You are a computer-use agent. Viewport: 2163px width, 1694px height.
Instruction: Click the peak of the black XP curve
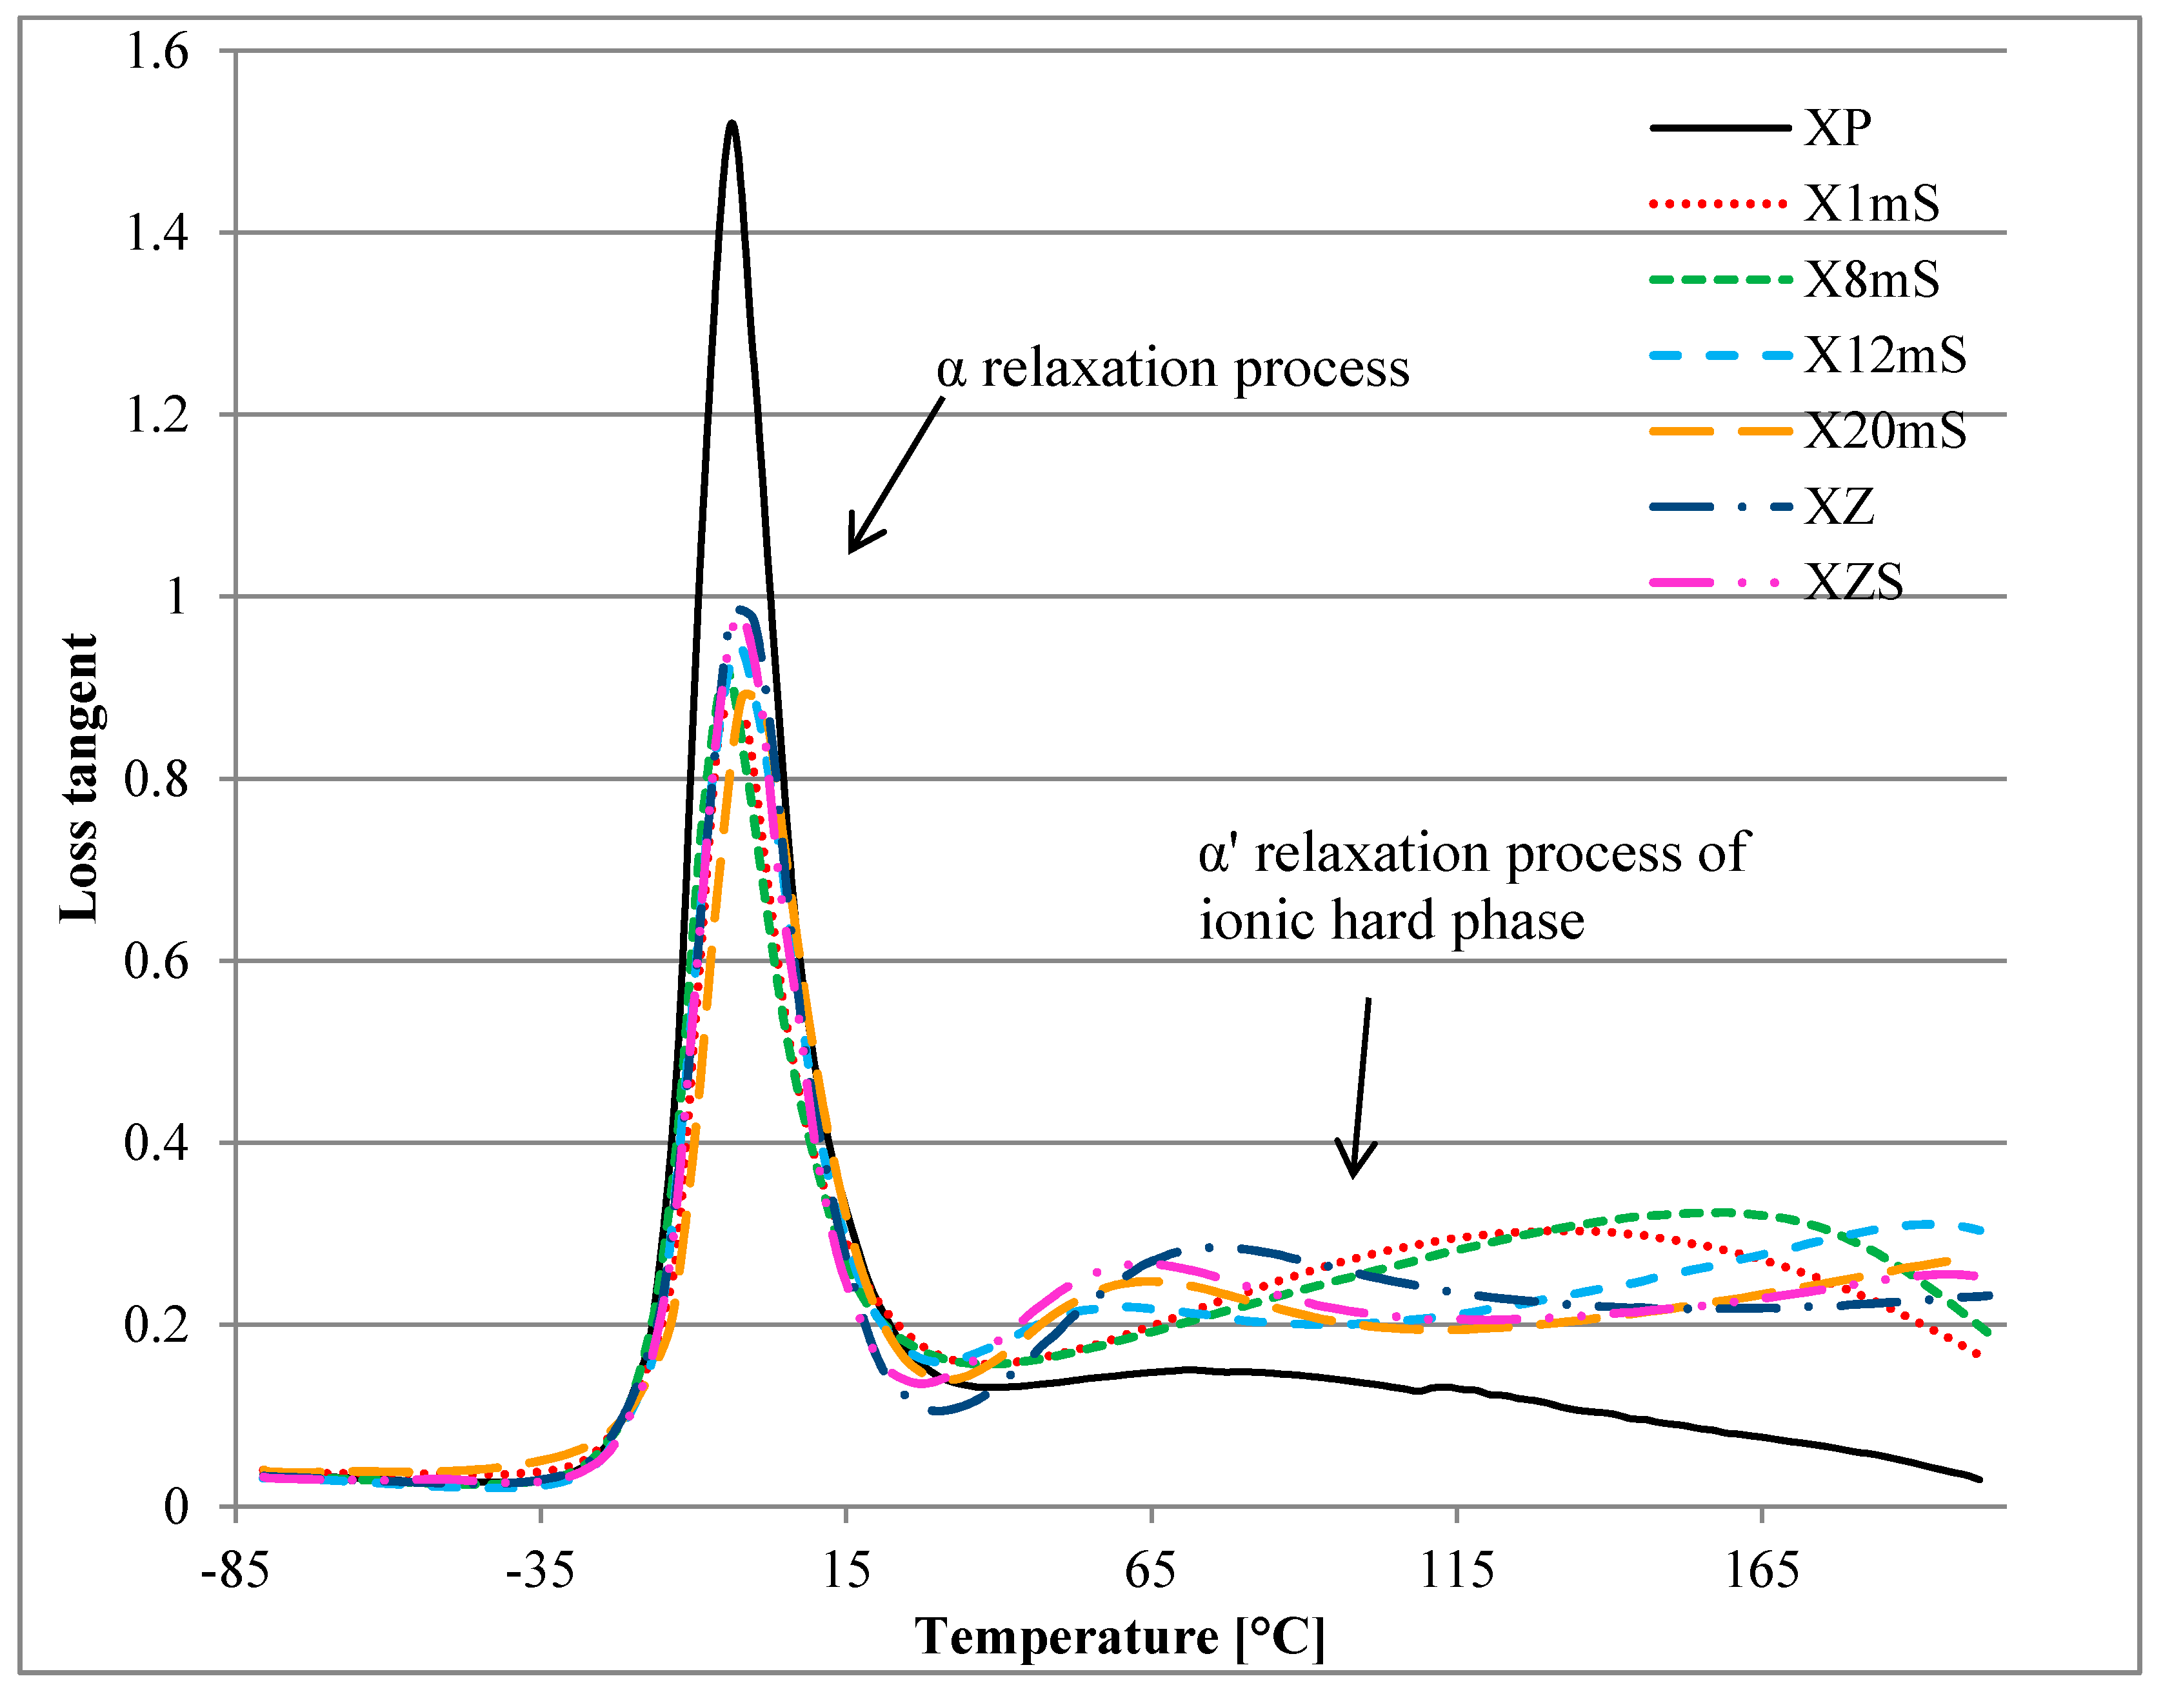click(732, 123)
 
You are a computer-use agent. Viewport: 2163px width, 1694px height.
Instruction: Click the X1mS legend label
click(1870, 204)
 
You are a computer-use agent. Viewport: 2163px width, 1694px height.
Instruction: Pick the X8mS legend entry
click(1870, 280)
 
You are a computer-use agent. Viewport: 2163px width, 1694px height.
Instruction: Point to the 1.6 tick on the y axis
click(157, 52)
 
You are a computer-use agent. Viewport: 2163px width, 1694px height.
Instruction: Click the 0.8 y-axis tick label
click(157, 779)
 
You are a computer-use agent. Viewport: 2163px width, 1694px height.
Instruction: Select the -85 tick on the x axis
click(235, 1571)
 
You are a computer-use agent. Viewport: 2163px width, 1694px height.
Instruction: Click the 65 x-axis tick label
click(1150, 1571)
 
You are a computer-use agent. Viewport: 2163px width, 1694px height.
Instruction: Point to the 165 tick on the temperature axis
click(1761, 1571)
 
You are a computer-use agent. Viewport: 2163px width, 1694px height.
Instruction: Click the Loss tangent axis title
click(79, 779)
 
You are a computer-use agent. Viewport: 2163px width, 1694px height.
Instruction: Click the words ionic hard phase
click(1391, 921)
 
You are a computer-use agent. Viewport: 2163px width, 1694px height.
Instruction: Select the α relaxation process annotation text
click(1172, 369)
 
